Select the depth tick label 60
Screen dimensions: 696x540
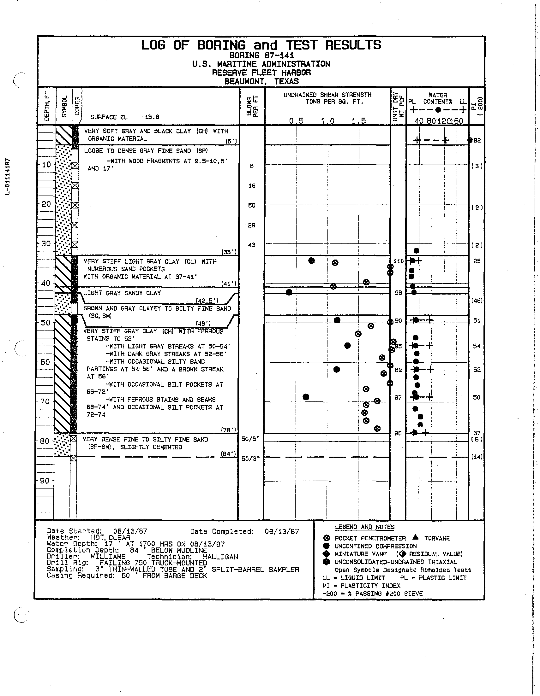[x=46, y=362]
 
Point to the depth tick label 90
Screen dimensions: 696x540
[x=46, y=481]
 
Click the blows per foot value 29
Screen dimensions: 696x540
[x=251, y=225]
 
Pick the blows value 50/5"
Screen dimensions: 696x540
[x=250, y=439]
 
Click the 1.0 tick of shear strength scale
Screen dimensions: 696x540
[x=327, y=121]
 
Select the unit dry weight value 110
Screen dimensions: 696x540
[x=399, y=261]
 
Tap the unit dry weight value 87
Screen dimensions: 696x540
[x=398, y=397]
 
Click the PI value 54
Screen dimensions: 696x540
[x=477, y=346]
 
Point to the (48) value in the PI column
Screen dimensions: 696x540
[x=477, y=301]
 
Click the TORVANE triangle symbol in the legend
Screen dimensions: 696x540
[x=415, y=537]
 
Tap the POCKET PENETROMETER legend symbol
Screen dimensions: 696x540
[x=326, y=538]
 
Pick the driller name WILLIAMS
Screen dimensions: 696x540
[x=108, y=557]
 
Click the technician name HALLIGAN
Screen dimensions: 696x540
[x=220, y=557]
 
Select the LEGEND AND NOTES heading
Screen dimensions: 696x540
[x=364, y=527]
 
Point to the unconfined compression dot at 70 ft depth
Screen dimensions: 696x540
[x=306, y=397]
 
